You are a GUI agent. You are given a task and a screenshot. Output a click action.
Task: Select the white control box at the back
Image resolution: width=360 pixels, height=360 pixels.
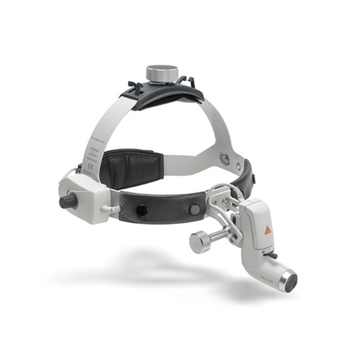(80, 195)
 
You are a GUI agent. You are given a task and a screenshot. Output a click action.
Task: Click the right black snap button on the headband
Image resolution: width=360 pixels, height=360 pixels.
(194, 209)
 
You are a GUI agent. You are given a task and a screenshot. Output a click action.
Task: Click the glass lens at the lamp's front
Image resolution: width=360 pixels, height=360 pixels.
(290, 281)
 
